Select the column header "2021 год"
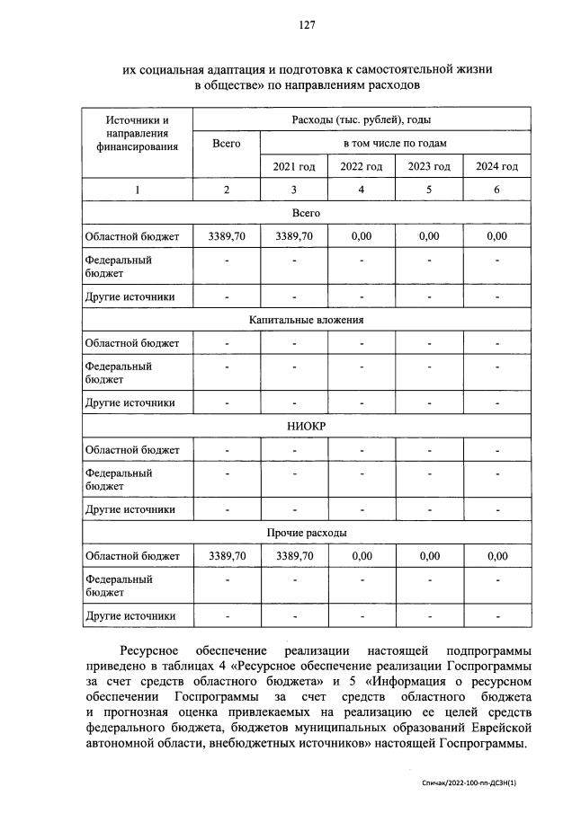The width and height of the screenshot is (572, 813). [294, 166]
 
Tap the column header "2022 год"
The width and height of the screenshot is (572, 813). [362, 166]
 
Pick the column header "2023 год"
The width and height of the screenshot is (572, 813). [429, 166]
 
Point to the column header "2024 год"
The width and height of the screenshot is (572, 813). [496, 166]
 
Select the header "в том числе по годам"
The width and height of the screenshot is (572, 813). [395, 143]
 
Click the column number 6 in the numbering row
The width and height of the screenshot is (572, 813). [496, 190]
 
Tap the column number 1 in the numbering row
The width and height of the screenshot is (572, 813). [138, 190]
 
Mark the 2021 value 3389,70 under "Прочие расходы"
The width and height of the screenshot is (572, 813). [294, 556]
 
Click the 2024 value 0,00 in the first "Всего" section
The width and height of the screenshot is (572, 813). [496, 236]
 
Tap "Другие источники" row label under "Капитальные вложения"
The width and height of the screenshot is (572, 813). [130, 403]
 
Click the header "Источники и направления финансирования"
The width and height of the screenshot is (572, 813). [138, 133]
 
